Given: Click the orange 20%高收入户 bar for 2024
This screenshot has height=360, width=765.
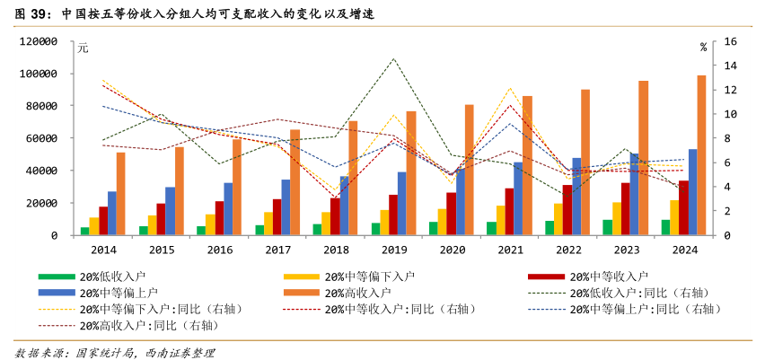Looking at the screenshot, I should click(x=701, y=155).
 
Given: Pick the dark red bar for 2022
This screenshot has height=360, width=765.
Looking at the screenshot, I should click(x=567, y=210).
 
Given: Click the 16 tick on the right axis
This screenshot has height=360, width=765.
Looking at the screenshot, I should click(x=730, y=41).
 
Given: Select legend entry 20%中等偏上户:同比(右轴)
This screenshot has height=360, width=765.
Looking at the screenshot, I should click(x=646, y=309).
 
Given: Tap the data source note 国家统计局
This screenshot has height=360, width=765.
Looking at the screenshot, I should click(x=108, y=352).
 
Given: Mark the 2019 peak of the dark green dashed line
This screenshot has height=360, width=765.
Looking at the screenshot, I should click(x=393, y=59).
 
